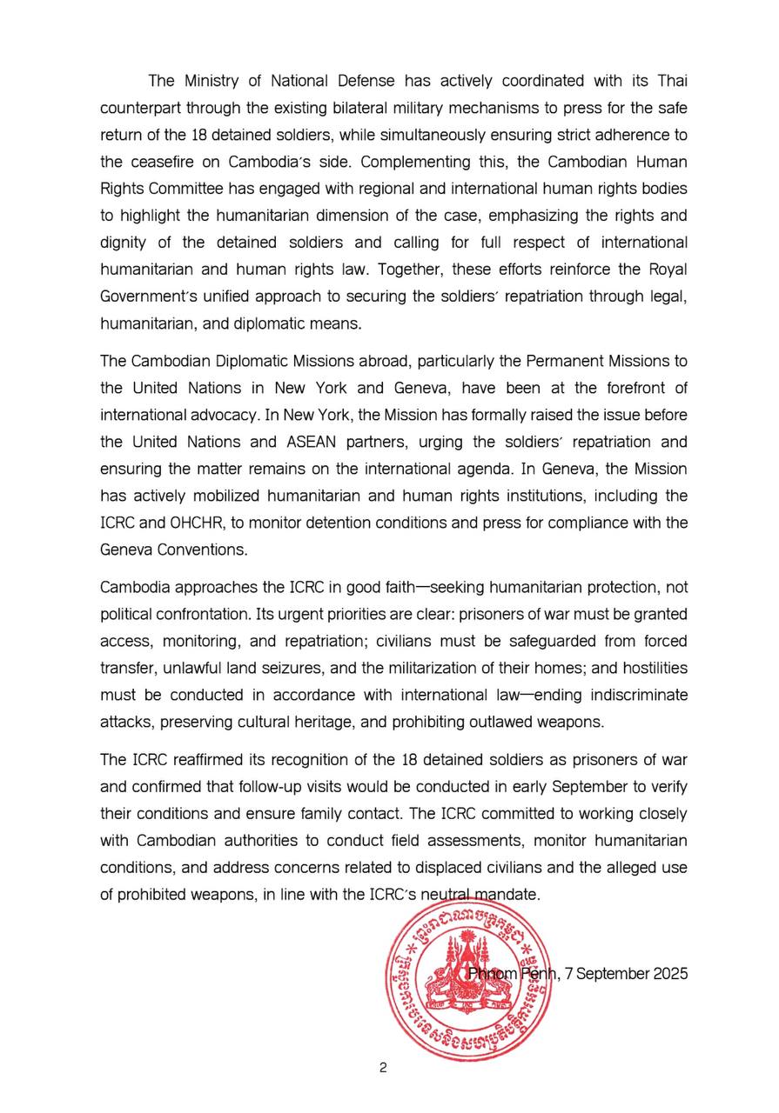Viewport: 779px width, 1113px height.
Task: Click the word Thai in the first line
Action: click(x=670, y=81)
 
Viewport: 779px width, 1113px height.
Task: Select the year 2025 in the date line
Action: click(x=670, y=974)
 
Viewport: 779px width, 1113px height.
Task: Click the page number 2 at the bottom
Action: click(x=383, y=1068)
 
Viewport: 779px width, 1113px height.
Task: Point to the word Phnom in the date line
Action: click(x=493, y=974)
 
